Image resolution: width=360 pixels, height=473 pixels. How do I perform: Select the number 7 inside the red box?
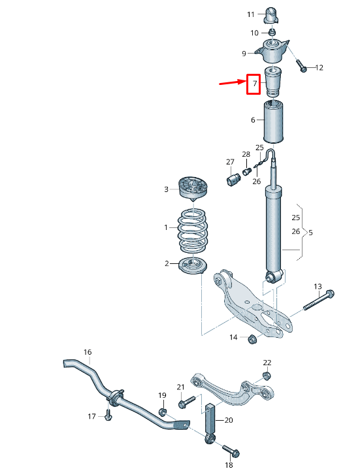[x=254, y=84]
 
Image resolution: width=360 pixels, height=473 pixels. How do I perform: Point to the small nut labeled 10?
[x=272, y=32]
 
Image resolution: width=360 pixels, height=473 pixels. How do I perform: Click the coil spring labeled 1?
[x=194, y=233]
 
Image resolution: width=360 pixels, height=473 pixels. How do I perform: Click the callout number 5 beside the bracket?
[x=311, y=232]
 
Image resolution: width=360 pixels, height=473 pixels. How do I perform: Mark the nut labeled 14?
[x=252, y=338]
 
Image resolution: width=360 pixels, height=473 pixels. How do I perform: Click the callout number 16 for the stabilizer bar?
[x=88, y=352]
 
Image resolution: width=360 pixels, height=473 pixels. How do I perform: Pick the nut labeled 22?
[x=266, y=375]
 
